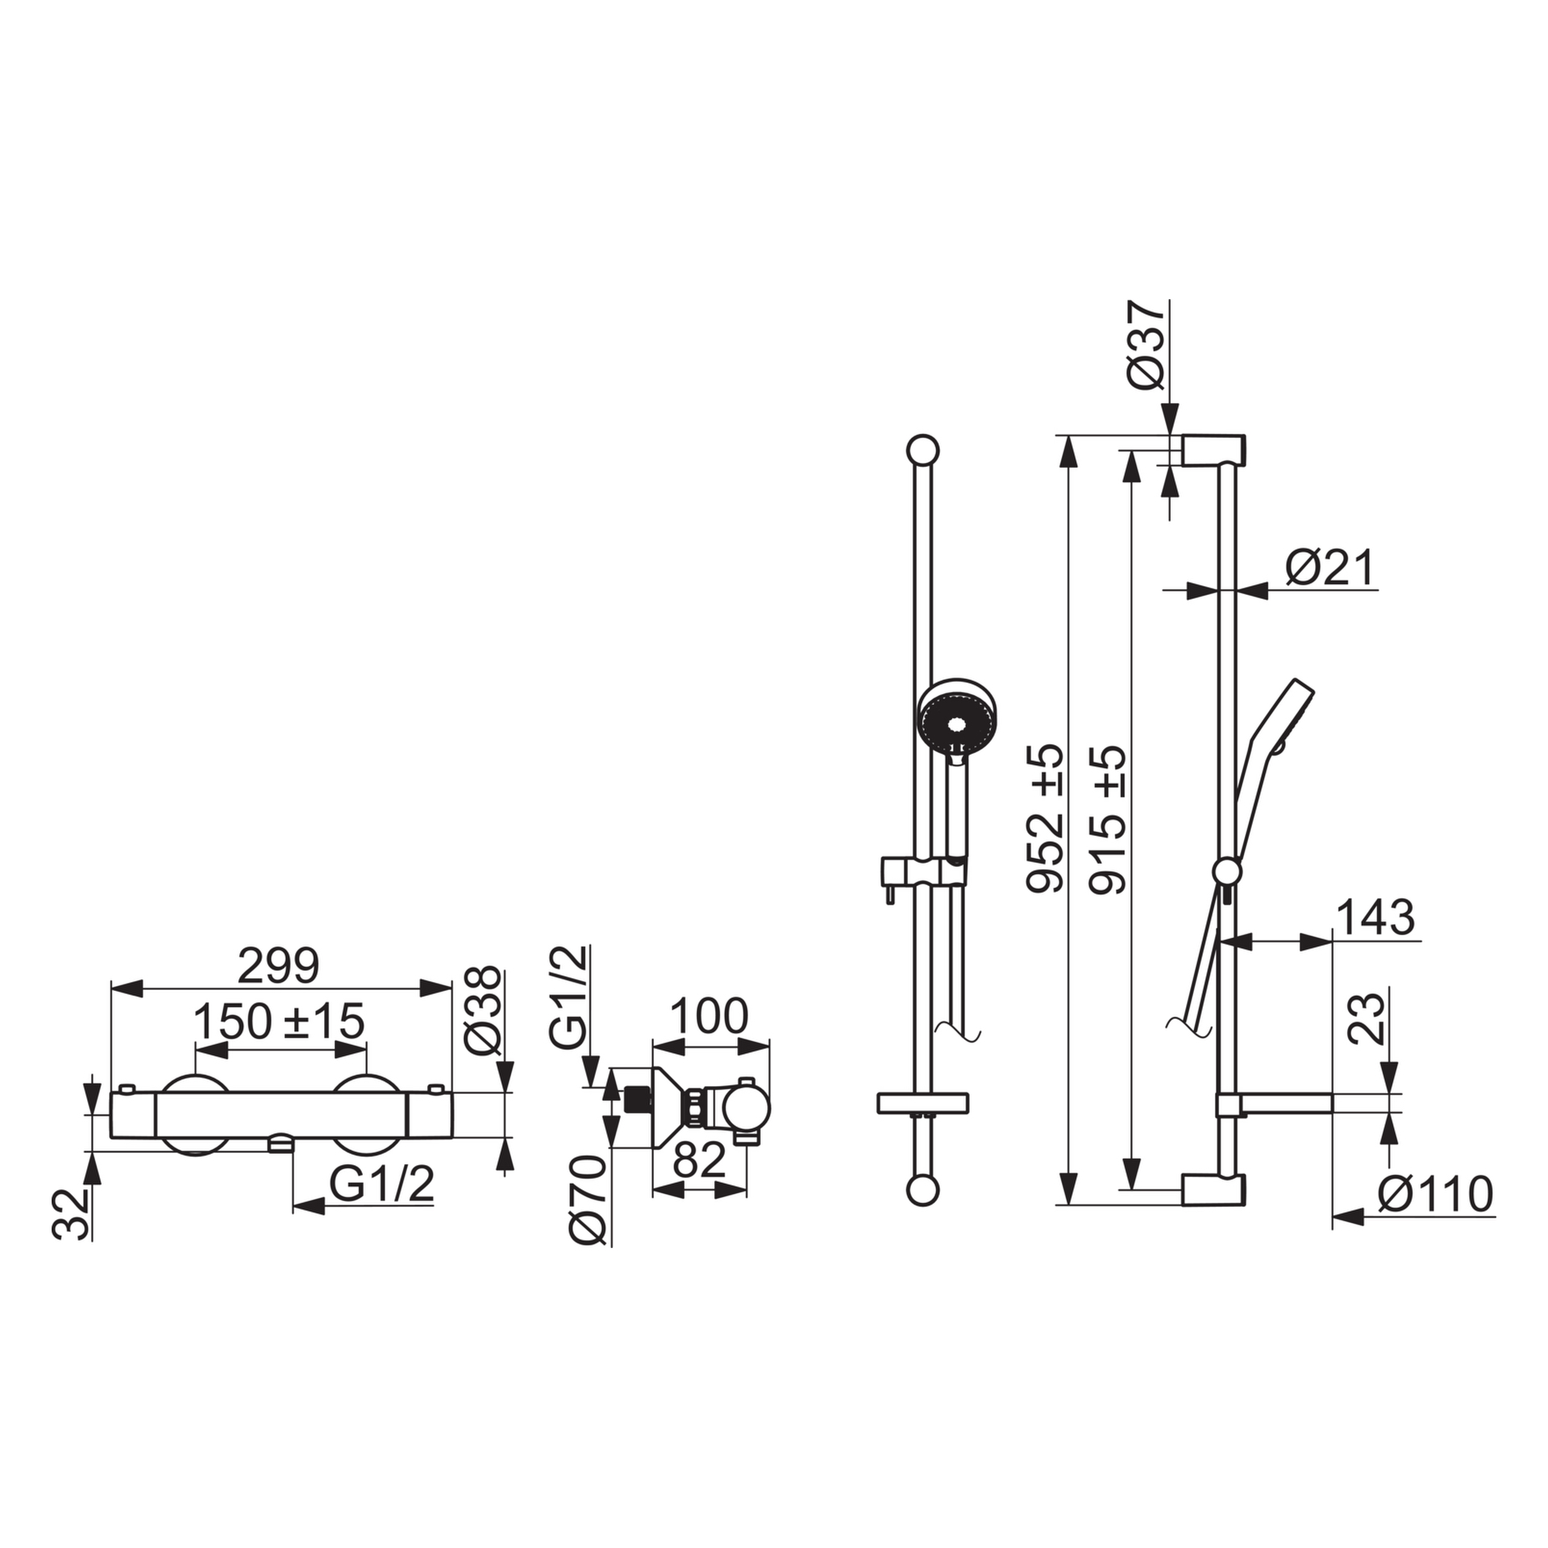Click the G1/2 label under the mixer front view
(381, 1184)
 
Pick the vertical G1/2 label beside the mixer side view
(571, 997)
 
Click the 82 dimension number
(699, 1160)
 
